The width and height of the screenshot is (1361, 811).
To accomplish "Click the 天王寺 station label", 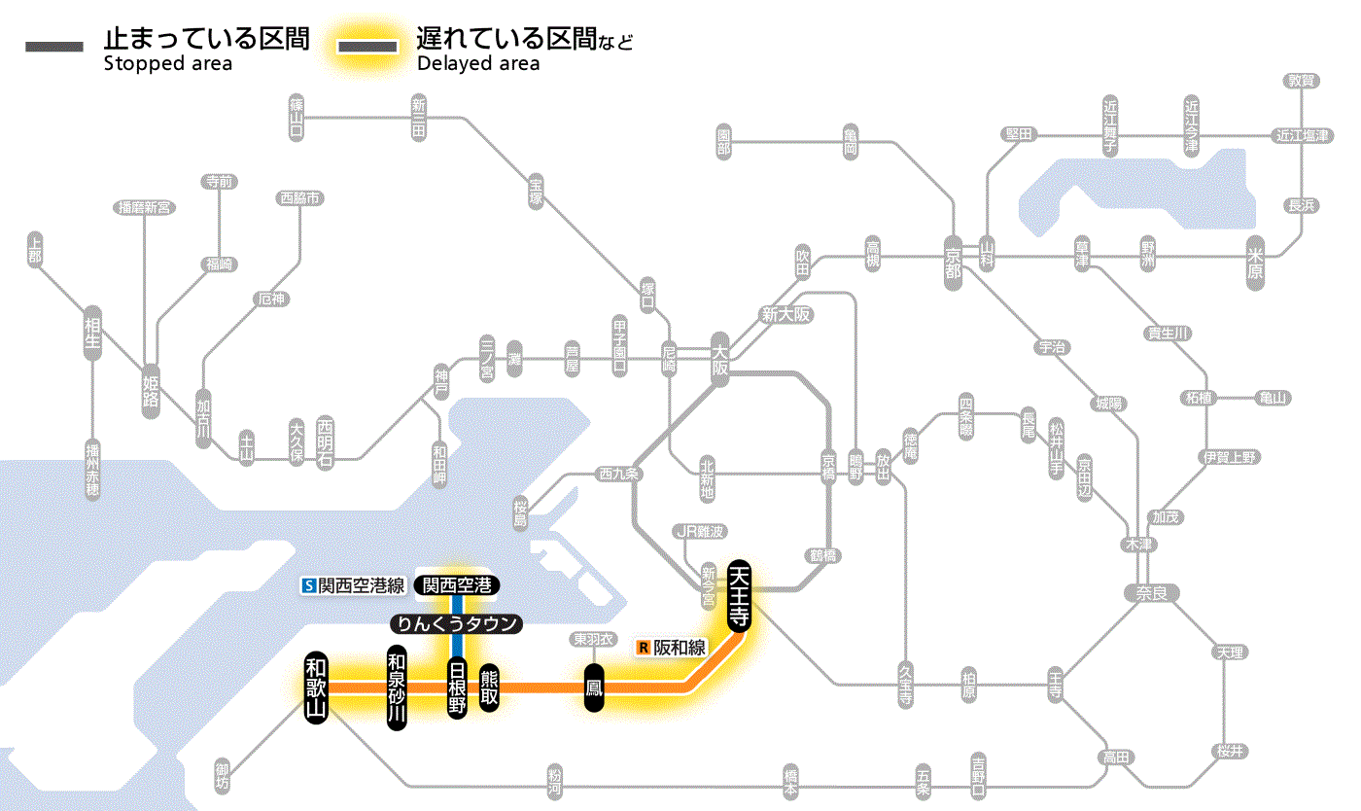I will click(740, 596).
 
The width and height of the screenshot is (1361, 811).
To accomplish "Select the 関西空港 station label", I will click(456, 585).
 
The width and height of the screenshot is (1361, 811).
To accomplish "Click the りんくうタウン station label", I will click(456, 624).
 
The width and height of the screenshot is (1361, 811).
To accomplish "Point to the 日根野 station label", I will click(457, 688).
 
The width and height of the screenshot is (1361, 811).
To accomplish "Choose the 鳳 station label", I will click(593, 688).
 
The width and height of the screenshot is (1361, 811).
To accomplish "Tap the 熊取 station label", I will click(489, 688).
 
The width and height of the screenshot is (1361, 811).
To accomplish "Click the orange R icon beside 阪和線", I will click(643, 647).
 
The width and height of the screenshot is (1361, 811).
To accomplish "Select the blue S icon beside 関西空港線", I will click(309, 585).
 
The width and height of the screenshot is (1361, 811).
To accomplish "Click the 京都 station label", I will click(953, 259).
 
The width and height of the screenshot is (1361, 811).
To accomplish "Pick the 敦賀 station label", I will click(1302, 81).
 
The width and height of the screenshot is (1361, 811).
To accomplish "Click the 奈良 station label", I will click(1151, 592).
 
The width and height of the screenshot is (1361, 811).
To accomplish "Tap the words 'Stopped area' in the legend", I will click(168, 64).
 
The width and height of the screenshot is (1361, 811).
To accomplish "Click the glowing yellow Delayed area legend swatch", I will click(367, 47).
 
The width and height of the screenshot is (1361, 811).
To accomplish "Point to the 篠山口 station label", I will click(297, 116).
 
